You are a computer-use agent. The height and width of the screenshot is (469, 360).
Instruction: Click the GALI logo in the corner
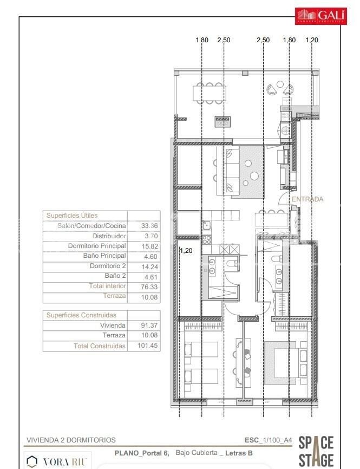[x=320, y=16]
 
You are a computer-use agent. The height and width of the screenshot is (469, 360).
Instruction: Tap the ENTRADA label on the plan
[x=307, y=199]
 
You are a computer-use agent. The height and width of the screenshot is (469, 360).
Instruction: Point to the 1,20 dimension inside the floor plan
[x=186, y=251]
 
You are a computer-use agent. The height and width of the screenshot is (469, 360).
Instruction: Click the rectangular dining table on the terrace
[x=208, y=93]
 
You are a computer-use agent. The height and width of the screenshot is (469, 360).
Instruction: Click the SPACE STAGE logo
[x=316, y=451]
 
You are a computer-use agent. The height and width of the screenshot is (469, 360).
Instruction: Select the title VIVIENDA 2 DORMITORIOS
[x=71, y=440]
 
